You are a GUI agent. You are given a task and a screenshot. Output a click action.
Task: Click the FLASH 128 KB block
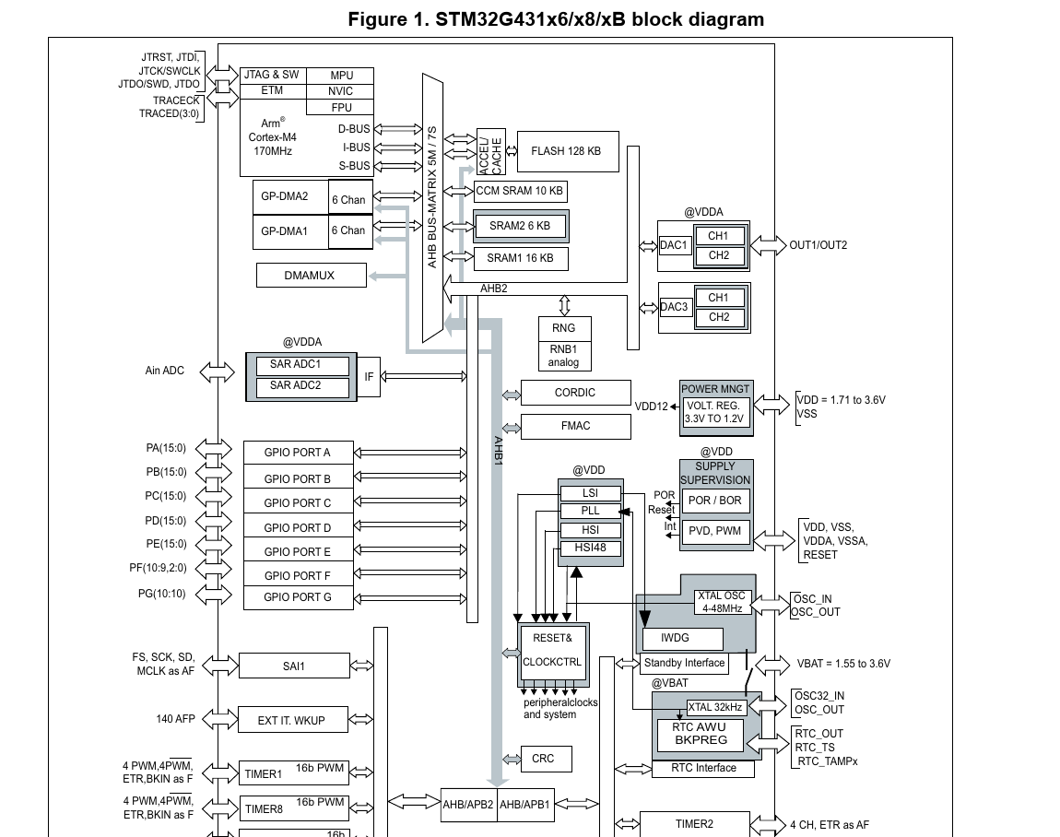pos(567,151)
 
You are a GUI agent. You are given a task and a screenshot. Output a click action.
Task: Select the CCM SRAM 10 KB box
pos(519,192)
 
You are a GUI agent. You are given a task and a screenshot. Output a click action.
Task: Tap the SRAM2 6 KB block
pos(520,226)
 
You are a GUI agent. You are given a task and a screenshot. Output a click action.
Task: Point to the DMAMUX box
pos(310,275)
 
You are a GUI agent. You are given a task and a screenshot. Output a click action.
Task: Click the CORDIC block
pos(575,393)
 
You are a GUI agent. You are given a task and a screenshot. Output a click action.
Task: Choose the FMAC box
pos(575,426)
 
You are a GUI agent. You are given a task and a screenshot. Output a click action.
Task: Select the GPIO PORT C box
pos(298,503)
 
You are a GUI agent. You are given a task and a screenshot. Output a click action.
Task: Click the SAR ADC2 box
pos(296,385)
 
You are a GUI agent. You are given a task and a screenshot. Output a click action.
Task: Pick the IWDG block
pos(680,638)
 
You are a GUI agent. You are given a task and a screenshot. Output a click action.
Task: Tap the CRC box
pos(544,759)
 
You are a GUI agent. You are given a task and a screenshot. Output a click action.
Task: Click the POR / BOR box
pos(715,501)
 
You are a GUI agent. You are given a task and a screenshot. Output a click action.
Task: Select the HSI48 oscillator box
pos(591,548)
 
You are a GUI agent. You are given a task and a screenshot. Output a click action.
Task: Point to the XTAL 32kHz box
pos(716,708)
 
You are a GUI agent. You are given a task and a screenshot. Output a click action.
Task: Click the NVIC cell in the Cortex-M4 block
pos(340,91)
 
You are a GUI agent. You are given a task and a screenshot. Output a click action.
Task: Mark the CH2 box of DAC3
pos(719,317)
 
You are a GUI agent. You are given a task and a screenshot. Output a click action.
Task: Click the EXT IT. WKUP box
pos(291,720)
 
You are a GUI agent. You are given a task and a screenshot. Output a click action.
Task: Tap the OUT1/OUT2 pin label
pos(819,245)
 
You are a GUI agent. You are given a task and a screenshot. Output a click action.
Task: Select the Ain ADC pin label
pos(165,371)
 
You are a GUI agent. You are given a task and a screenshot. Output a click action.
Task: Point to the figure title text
pos(556,19)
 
